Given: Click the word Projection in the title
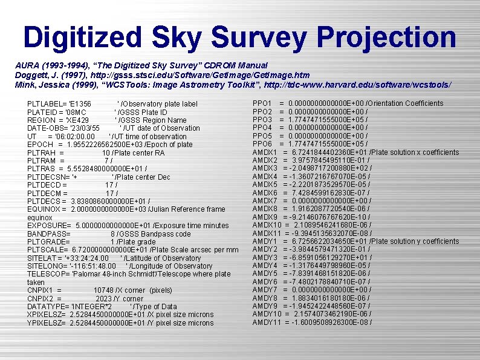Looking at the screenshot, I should [x=386, y=37].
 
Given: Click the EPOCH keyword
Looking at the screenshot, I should [x=41, y=145].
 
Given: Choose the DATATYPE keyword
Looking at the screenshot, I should [x=48, y=307].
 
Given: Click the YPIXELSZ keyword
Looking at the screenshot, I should [x=47, y=323].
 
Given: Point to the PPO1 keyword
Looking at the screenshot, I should [x=262, y=103].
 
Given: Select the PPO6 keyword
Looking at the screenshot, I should [x=262, y=144].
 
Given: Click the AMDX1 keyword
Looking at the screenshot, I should [x=265, y=152].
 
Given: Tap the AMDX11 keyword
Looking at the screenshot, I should [x=267, y=233].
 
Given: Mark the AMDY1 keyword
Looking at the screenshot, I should [x=265, y=241].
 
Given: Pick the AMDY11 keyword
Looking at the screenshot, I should [x=267, y=322].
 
